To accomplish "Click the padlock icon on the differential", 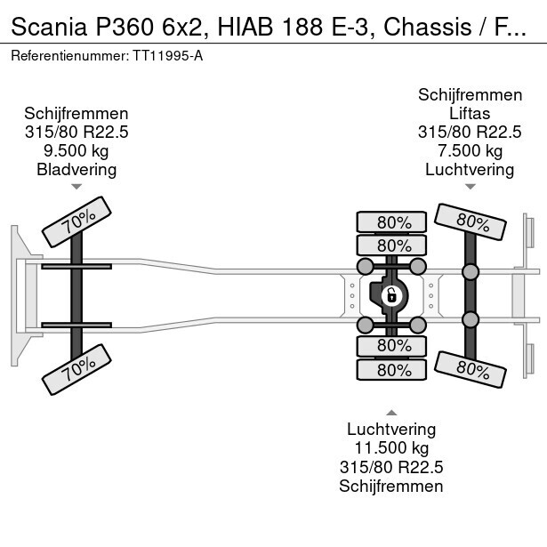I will [390, 294].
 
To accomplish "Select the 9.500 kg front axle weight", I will [76, 150].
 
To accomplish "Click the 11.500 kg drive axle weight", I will [391, 448].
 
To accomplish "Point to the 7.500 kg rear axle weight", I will [470, 150].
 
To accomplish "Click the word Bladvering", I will [76, 169].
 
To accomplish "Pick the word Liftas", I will [470, 113].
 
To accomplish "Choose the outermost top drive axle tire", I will [391, 222].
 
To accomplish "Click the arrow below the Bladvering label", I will [76, 187].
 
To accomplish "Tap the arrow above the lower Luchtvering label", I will [391, 412].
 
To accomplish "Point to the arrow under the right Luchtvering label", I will [470, 187].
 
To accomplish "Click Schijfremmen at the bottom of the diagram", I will [391, 486].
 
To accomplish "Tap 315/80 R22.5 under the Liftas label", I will [470, 132].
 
